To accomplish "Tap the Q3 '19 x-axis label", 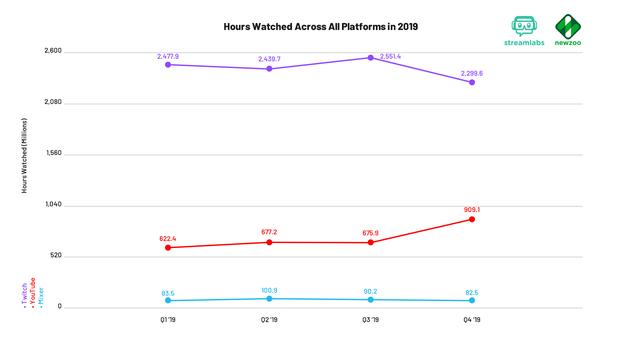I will [x=370, y=320].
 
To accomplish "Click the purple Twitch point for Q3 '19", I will [x=370, y=58].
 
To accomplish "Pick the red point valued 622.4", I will [x=167, y=247].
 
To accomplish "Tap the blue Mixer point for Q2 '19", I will [x=269, y=298].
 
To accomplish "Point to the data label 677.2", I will [x=269, y=232].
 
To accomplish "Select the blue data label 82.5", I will [x=471, y=292].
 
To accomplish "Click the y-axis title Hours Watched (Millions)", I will [x=24, y=154].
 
